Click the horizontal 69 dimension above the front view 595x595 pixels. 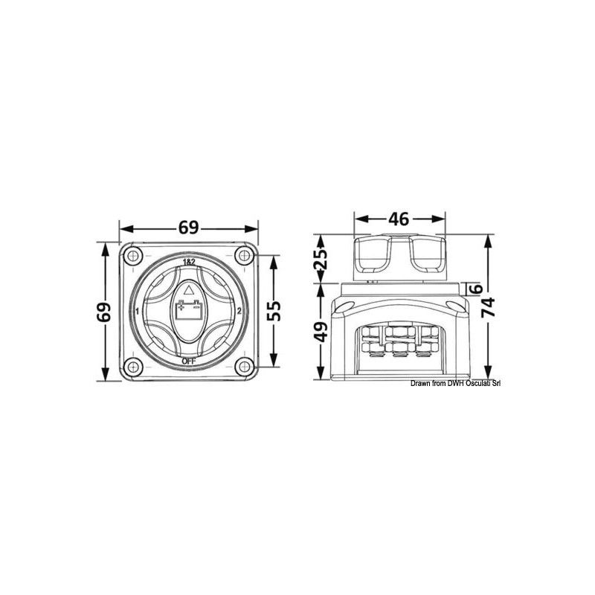click(x=189, y=228)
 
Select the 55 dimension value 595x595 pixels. click(x=276, y=312)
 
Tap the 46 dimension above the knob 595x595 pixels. click(x=399, y=219)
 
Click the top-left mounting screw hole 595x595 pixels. click(x=132, y=257)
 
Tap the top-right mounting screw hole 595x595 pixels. click(x=243, y=257)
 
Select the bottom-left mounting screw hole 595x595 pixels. click(x=132, y=367)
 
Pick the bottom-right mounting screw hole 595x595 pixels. click(x=243, y=367)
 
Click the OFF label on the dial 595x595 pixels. click(x=188, y=362)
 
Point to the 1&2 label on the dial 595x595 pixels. click(x=189, y=263)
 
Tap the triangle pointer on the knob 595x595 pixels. click(x=188, y=289)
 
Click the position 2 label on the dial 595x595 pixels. click(x=239, y=312)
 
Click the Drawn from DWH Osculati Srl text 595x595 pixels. click(x=455, y=383)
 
